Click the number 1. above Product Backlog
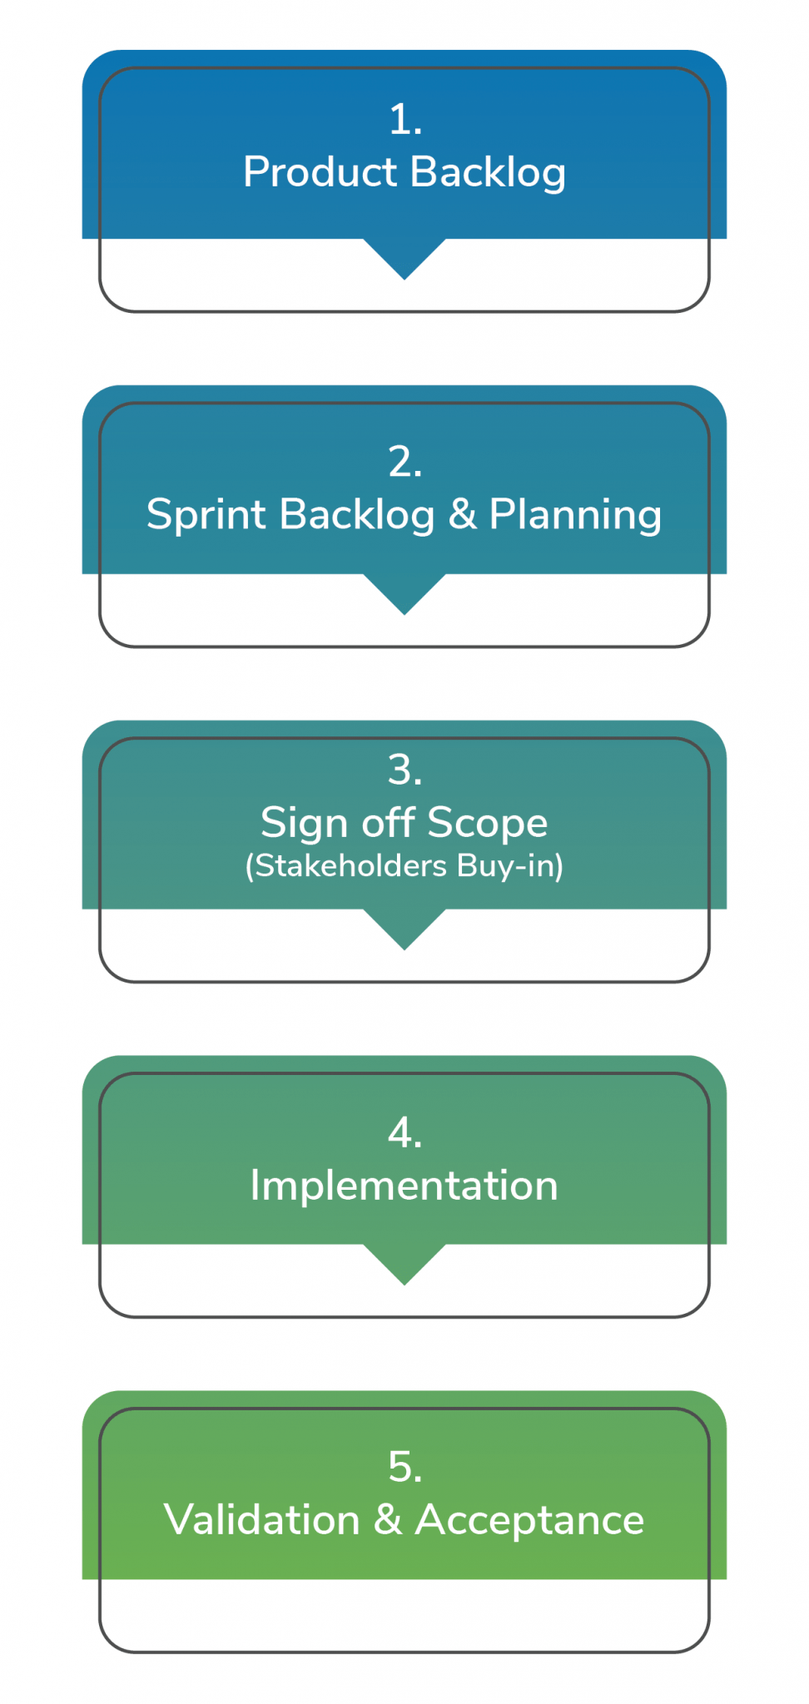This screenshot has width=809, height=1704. [404, 120]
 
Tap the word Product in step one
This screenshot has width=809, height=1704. [320, 172]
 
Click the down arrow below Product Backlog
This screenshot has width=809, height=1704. [404, 258]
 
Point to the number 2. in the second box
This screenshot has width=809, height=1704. [404, 462]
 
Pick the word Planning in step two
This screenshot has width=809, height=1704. [575, 515]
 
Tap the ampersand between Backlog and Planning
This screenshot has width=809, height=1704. [462, 514]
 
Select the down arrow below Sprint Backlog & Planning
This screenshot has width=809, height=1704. [404, 593]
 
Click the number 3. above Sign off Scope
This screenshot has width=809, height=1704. [404, 770]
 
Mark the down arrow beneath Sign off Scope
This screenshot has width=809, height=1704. [404, 929]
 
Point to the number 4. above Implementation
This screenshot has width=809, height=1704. [404, 1133]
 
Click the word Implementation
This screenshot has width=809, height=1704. [404, 1186]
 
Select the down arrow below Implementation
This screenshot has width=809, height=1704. [404, 1264]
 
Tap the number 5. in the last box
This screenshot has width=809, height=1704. [404, 1468]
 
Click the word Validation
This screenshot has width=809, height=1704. [262, 1520]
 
